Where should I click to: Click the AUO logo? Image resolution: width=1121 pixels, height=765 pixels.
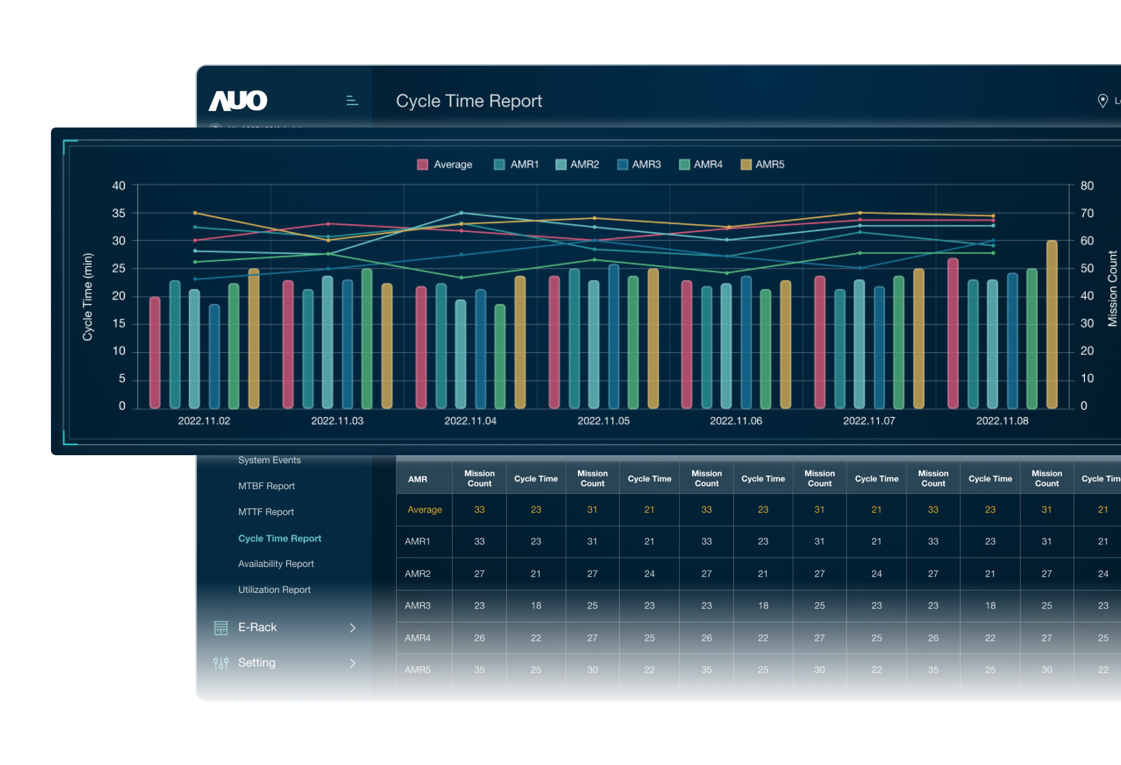tap(237, 100)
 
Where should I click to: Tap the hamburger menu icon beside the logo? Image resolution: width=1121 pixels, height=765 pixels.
tap(352, 100)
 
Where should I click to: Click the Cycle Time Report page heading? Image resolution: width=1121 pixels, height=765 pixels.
tap(468, 101)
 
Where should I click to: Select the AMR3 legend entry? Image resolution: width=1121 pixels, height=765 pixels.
tap(639, 164)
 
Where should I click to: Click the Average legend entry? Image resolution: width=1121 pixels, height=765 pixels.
tap(444, 164)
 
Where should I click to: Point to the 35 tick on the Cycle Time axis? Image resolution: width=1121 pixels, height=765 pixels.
tap(118, 213)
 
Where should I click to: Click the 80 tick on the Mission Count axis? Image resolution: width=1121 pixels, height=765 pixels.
tap(1087, 186)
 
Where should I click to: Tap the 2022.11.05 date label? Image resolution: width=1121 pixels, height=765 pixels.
tap(603, 421)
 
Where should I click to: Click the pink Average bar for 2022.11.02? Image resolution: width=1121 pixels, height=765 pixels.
tap(155, 352)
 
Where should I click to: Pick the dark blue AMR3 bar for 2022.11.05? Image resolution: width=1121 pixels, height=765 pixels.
tap(614, 337)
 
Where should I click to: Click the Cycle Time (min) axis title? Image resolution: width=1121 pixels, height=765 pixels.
tap(87, 297)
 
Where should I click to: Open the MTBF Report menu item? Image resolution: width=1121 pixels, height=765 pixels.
tap(266, 486)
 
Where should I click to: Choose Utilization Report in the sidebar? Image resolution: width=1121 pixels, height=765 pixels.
tap(274, 590)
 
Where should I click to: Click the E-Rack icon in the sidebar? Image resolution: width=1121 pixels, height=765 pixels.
tap(220, 627)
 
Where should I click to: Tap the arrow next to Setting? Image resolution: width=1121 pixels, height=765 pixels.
tap(352, 663)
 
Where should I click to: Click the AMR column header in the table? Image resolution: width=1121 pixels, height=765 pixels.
tap(418, 479)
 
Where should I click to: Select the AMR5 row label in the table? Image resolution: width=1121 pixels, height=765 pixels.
tap(418, 670)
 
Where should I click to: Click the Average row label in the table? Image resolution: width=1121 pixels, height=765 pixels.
tap(425, 510)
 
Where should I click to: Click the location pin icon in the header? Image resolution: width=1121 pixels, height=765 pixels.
tap(1102, 101)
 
